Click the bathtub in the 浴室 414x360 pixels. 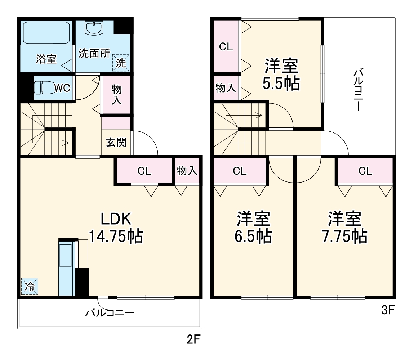point(46,33)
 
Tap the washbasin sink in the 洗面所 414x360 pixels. point(94,28)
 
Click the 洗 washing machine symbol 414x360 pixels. point(121,63)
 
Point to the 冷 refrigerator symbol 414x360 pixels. point(30,286)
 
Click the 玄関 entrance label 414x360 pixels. point(116,143)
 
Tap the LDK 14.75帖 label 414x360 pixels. point(116,228)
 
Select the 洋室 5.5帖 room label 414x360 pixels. point(281,75)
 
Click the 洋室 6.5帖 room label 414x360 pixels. point(253,227)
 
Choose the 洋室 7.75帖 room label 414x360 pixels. point(344,227)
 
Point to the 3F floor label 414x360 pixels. point(388,310)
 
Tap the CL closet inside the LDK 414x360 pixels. point(144,171)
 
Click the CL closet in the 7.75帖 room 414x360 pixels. point(365,171)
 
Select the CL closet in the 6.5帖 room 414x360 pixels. point(240,171)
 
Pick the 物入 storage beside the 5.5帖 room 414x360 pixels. point(226,87)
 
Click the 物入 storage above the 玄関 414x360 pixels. point(116,94)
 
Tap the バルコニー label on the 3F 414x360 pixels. point(359,90)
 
